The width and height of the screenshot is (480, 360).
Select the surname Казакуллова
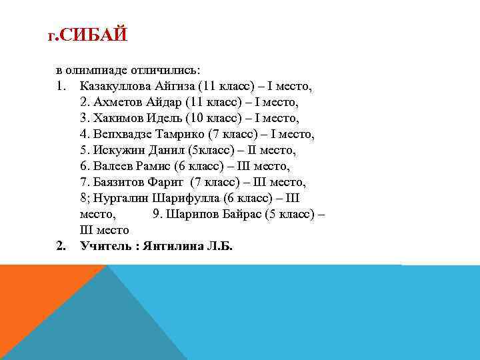(x=116, y=86)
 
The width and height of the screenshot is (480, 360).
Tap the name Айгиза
(x=178, y=86)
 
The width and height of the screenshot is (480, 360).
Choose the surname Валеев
(x=113, y=166)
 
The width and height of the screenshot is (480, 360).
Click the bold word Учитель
(x=106, y=246)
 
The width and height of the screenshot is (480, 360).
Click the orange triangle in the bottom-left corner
(x=27, y=307)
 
